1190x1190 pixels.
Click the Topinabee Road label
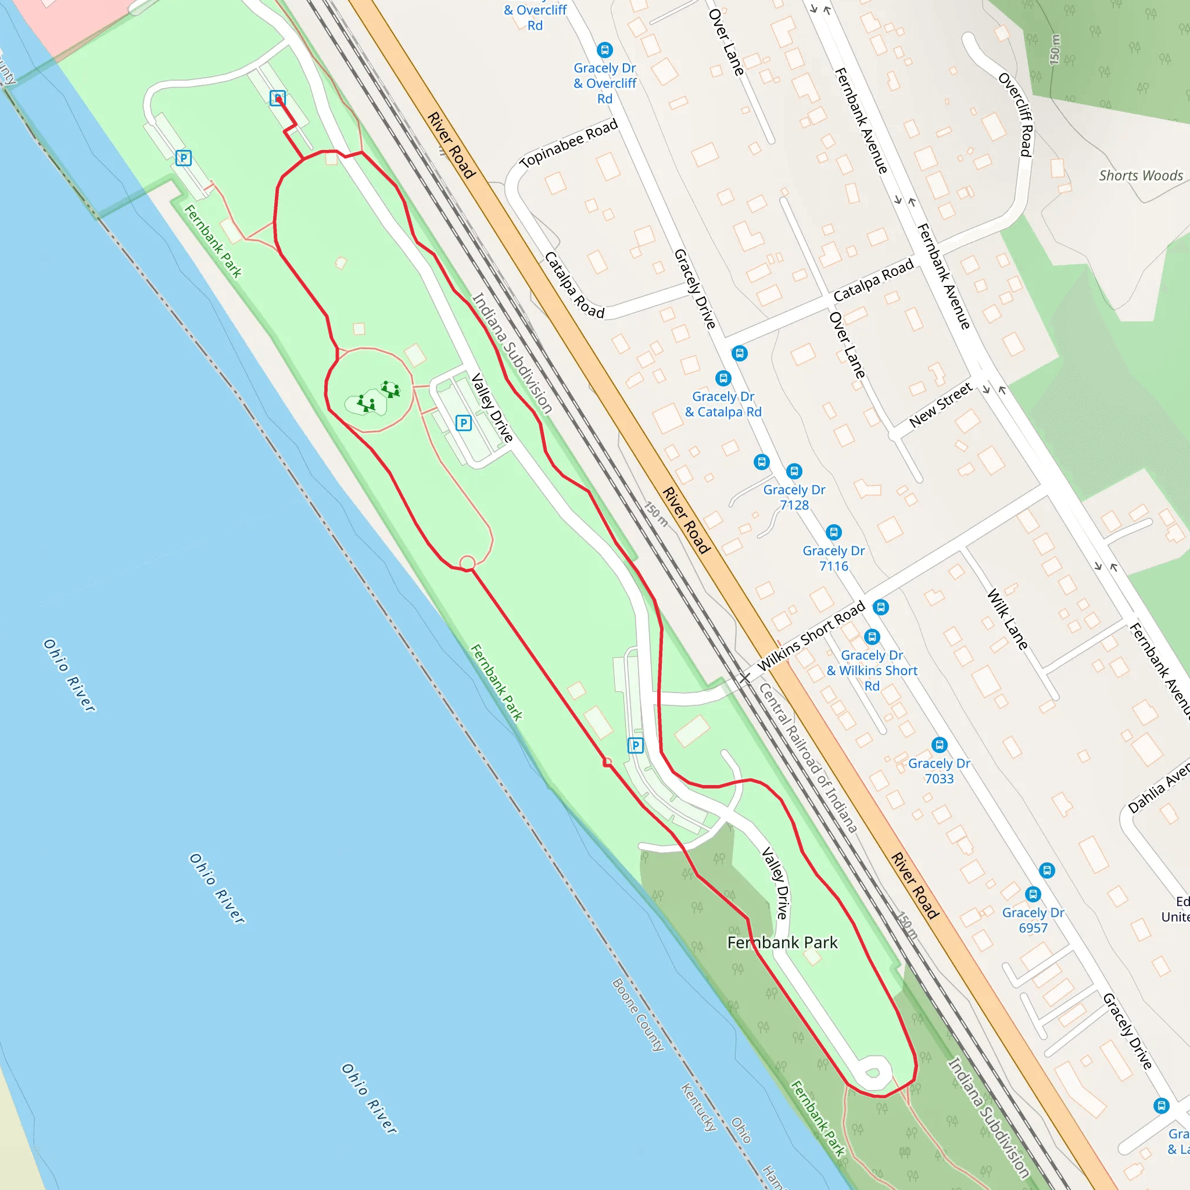[568, 144]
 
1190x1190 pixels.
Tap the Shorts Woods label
[1141, 175]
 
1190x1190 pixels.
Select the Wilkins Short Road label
[811, 637]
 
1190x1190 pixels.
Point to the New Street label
[941, 404]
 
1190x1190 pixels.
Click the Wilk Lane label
[1007, 619]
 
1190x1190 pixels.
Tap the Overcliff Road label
[1016, 114]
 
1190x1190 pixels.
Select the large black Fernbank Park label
[782, 942]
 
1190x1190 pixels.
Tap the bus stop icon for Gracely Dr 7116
[833, 532]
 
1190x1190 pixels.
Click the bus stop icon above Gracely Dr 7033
[939, 745]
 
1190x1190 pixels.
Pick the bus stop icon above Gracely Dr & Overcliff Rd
[605, 50]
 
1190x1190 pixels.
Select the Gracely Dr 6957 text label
[1033, 920]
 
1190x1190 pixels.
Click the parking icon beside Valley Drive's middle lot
[464, 422]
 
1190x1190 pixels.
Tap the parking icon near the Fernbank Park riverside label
[184, 158]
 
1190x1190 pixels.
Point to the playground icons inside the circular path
[377, 397]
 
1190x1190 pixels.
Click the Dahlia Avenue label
[1158, 788]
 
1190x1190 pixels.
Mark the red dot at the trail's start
[278, 99]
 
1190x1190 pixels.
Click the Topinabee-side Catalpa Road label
[574, 285]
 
